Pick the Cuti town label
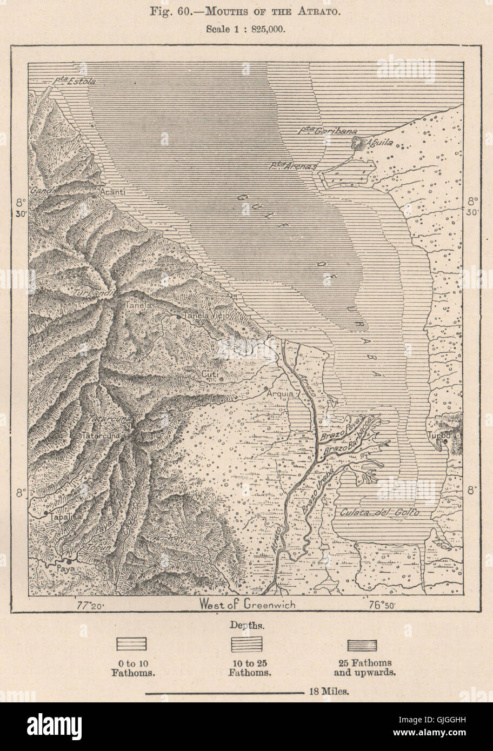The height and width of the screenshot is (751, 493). (x=208, y=372)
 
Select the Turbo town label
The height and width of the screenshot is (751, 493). (x=435, y=435)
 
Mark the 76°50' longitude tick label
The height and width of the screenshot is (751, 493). (x=382, y=605)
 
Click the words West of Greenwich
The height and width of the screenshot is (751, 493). (x=247, y=605)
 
